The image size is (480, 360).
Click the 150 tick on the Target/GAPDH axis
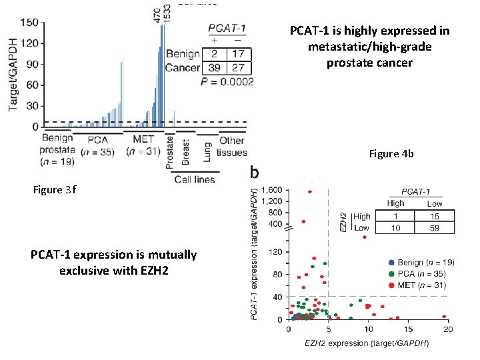pyautogui.click(x=29, y=22)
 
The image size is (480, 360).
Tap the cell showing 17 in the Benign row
pyautogui.click(x=239, y=53)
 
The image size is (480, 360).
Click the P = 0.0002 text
pyautogui.click(x=227, y=82)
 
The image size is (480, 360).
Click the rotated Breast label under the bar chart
pyautogui.click(x=186, y=153)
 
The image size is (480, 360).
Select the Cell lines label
pyautogui.click(x=194, y=179)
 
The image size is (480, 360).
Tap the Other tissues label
pyautogui.click(x=232, y=146)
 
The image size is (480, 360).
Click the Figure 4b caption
pyautogui.click(x=391, y=154)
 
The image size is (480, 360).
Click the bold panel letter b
pyautogui.click(x=254, y=173)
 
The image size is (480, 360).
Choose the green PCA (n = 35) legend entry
pyautogui.click(x=421, y=273)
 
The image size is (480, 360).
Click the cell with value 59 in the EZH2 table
pyautogui.click(x=434, y=228)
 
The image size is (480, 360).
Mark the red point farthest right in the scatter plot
pyautogui.click(x=444, y=317)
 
